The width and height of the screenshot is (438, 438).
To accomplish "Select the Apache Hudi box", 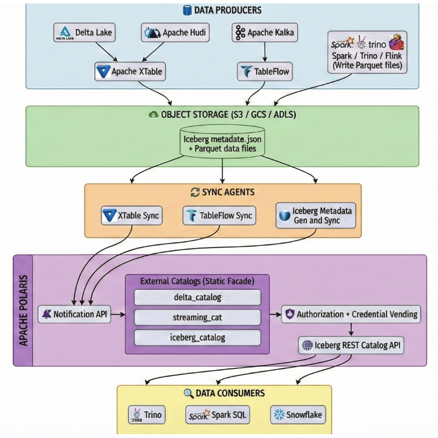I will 175,33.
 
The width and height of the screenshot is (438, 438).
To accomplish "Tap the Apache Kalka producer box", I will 265,33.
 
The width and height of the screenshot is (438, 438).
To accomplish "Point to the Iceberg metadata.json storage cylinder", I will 222,141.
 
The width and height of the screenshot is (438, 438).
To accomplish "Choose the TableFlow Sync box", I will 219,216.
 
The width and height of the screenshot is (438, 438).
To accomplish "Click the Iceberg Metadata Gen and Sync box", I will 316,216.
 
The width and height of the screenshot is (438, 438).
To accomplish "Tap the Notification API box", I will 75,314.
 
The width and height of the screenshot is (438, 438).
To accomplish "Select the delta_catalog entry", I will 197,297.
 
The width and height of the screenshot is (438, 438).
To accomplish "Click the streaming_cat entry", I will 197,317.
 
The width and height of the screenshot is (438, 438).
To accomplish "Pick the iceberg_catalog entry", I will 197,337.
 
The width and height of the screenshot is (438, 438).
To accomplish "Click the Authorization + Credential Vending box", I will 351,314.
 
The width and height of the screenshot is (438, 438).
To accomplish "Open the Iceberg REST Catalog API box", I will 351,345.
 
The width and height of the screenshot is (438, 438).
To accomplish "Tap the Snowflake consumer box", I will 297,414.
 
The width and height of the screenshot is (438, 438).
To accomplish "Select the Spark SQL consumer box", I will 218,414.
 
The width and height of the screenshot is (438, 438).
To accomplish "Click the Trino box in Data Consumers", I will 147,414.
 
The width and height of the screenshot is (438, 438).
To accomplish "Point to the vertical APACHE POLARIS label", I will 24,310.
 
